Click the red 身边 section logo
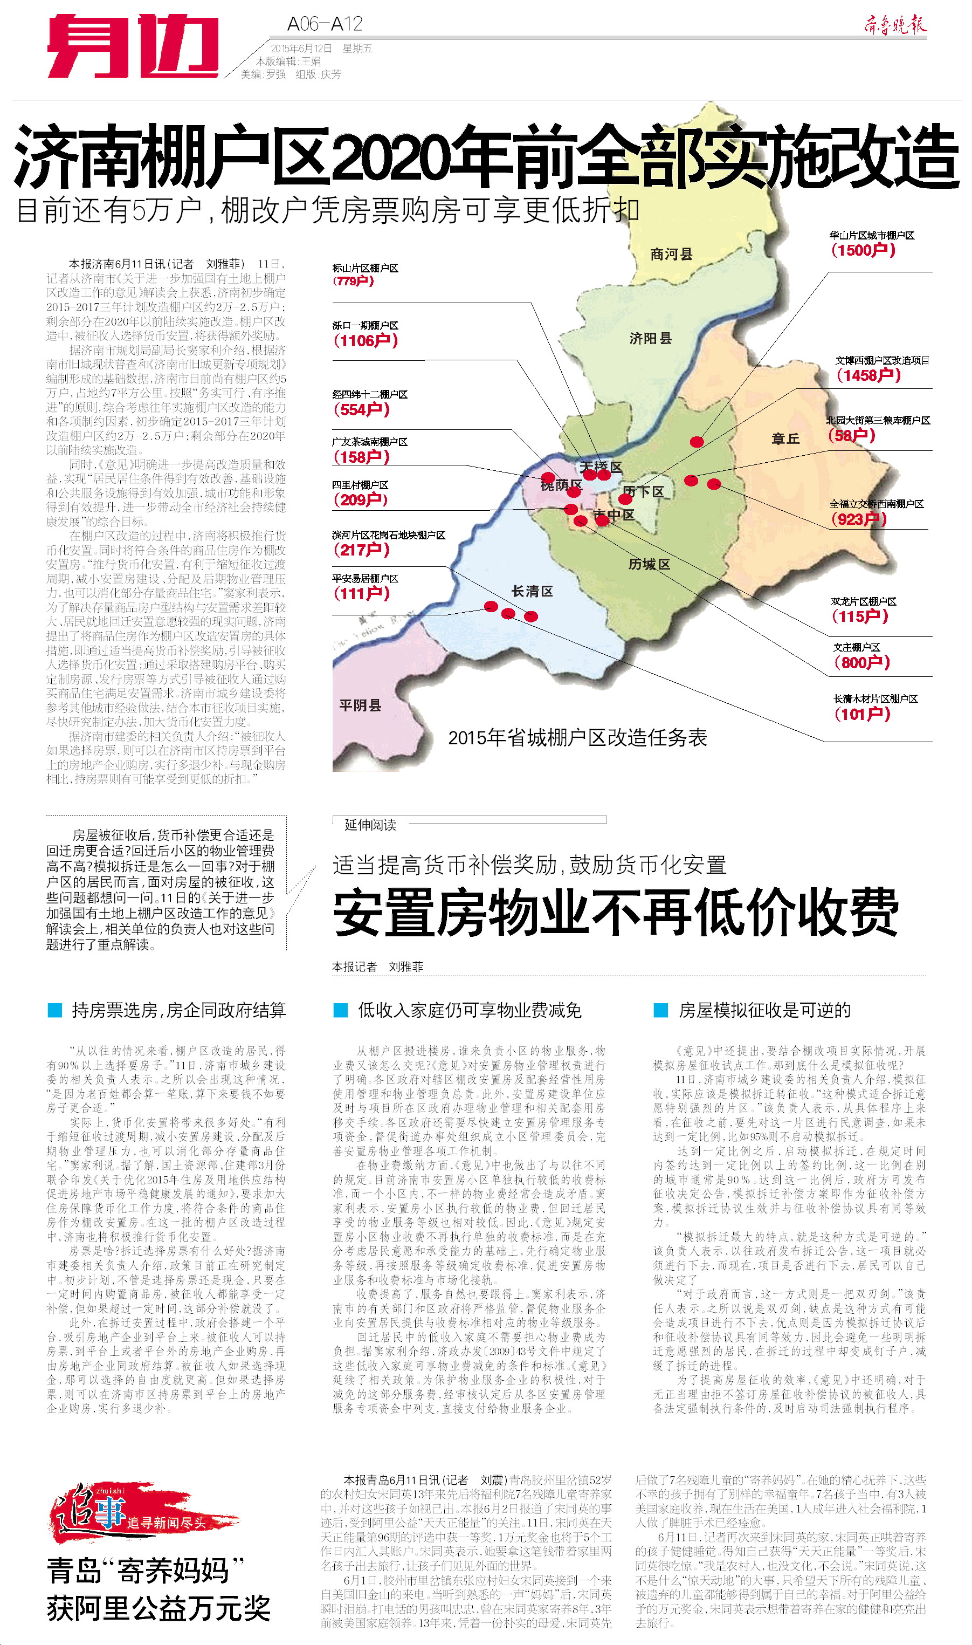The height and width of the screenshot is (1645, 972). coord(133,46)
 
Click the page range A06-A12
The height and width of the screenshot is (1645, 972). coord(325,24)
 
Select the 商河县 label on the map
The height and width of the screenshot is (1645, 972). coord(671,254)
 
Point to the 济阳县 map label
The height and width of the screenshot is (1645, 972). coord(650,338)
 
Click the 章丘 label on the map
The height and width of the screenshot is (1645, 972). coord(785,438)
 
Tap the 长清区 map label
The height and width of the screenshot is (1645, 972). coord(532,591)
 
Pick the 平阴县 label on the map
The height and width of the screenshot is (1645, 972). coord(360,705)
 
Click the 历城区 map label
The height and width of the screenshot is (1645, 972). coord(649,564)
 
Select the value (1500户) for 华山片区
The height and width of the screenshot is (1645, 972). coord(863,250)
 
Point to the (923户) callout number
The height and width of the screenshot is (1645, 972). coord(858,519)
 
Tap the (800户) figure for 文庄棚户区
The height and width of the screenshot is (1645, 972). coord(862,662)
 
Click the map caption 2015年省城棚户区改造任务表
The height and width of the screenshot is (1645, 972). coord(577,738)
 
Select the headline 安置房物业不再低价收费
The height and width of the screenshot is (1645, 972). coord(615,911)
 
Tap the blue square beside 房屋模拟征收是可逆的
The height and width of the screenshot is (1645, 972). coord(660,1010)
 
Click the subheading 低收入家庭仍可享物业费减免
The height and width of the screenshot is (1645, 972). coord(469,1010)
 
